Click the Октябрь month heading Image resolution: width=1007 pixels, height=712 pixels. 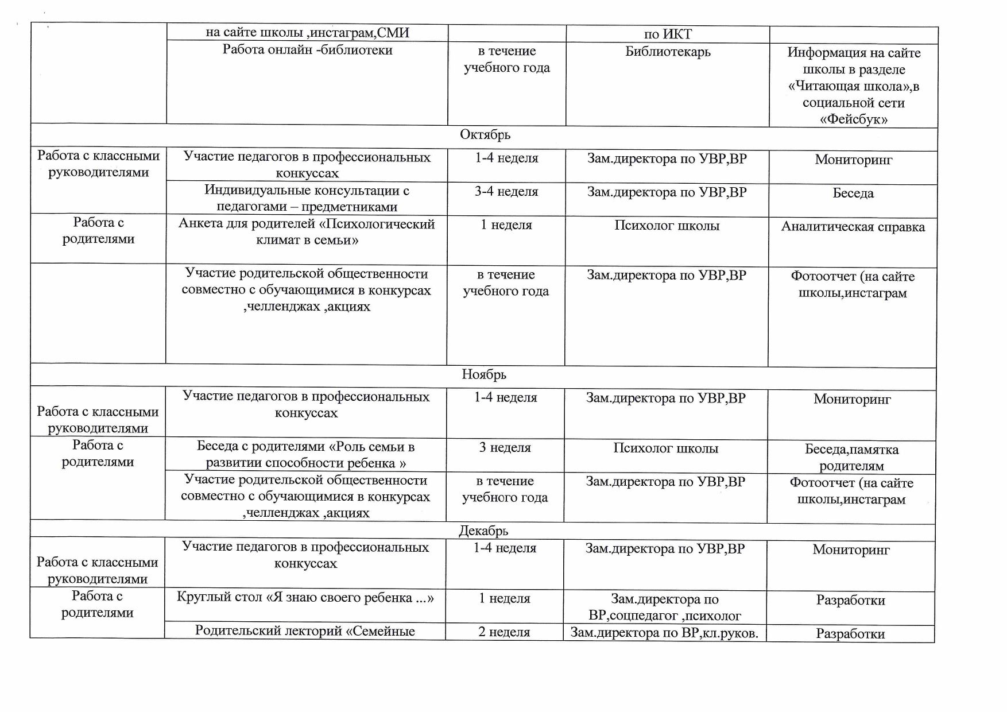tap(485, 135)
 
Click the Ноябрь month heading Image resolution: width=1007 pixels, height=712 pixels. tap(484, 375)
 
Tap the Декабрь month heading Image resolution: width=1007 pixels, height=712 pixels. tap(483, 531)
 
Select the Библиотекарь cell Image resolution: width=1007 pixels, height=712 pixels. tap(668, 52)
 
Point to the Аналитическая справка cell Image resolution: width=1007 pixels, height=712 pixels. tap(853, 227)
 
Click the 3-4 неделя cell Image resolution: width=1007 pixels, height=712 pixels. tap(506, 192)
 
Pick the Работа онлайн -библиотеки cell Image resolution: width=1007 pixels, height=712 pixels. tap(307, 51)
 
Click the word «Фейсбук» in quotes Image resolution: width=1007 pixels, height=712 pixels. tap(853, 119)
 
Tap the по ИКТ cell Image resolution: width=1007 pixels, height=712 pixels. tap(668, 34)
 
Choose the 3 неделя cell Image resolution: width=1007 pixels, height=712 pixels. tap(505, 448)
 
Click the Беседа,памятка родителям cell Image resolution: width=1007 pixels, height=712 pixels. tap(851, 457)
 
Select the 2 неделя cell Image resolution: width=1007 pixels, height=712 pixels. tap(504, 632)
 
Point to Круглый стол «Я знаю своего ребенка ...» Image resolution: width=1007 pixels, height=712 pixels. tap(305, 598)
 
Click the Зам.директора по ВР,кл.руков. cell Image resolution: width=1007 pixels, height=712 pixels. tap(665, 633)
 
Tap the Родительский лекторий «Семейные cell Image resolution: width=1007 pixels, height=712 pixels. tap(305, 631)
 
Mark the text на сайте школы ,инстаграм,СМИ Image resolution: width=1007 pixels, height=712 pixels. tap(307, 33)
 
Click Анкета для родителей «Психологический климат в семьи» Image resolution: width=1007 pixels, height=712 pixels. tap(307, 232)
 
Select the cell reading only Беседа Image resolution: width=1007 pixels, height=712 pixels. tap(853, 194)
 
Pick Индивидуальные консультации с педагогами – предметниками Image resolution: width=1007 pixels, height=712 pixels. tap(307, 199)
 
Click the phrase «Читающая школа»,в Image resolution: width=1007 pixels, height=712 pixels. tap(853, 86)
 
